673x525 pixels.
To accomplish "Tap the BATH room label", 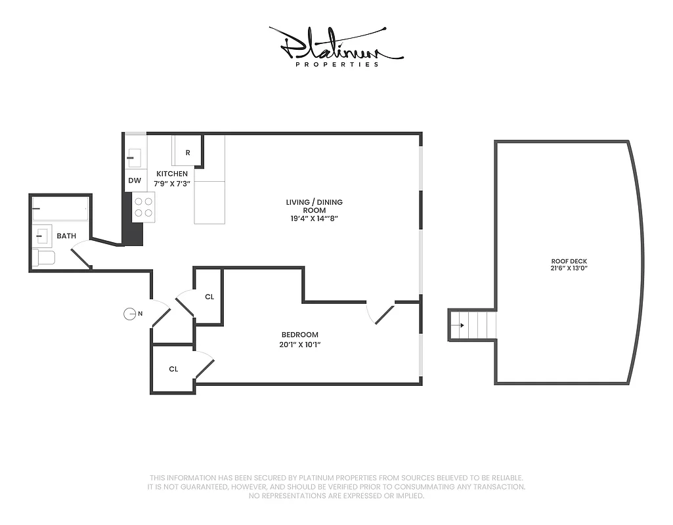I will tap(66, 236).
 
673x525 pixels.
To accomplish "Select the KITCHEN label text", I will tap(172, 174).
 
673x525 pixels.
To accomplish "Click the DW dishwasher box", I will tap(135, 180).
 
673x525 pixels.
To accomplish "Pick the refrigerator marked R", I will tap(188, 152).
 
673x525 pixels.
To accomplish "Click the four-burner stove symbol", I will tap(144, 207).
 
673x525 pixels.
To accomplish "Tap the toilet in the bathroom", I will tap(43, 257).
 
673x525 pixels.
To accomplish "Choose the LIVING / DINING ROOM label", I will tap(314, 206).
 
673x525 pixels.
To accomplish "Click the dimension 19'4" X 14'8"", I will tap(314, 219).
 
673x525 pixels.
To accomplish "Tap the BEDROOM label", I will tap(299, 334).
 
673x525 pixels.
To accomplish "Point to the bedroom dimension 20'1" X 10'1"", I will tap(299, 345).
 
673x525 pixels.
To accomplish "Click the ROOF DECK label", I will tap(569, 261).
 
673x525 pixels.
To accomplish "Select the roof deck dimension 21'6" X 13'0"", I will tap(569, 268).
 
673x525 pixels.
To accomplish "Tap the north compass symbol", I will tap(130, 314).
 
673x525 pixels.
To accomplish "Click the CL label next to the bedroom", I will tap(209, 297).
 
